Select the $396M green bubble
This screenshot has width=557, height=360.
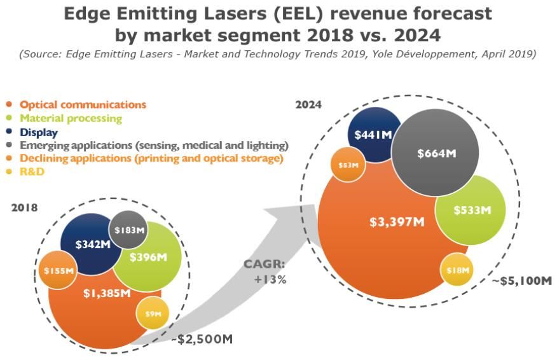coord(148,257)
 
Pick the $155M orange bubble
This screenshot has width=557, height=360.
coord(58,272)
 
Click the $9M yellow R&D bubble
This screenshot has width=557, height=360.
coord(153,314)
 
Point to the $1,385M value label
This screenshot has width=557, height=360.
coord(107,293)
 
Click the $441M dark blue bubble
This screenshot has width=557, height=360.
coord(374,135)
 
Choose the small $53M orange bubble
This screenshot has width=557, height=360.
coord(348,165)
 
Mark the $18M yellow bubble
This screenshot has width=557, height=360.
coord(457,270)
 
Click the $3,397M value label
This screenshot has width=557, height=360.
coord(397,222)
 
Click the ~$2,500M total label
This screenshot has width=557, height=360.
coord(202,339)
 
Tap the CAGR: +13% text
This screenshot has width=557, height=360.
coord(265,272)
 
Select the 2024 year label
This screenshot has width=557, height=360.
coord(308,104)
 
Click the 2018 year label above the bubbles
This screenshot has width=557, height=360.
coord(24,207)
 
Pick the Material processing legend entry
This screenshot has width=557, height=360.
coord(71,118)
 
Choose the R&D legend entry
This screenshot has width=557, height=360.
coord(32,172)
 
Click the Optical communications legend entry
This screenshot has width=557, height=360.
coord(83,104)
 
